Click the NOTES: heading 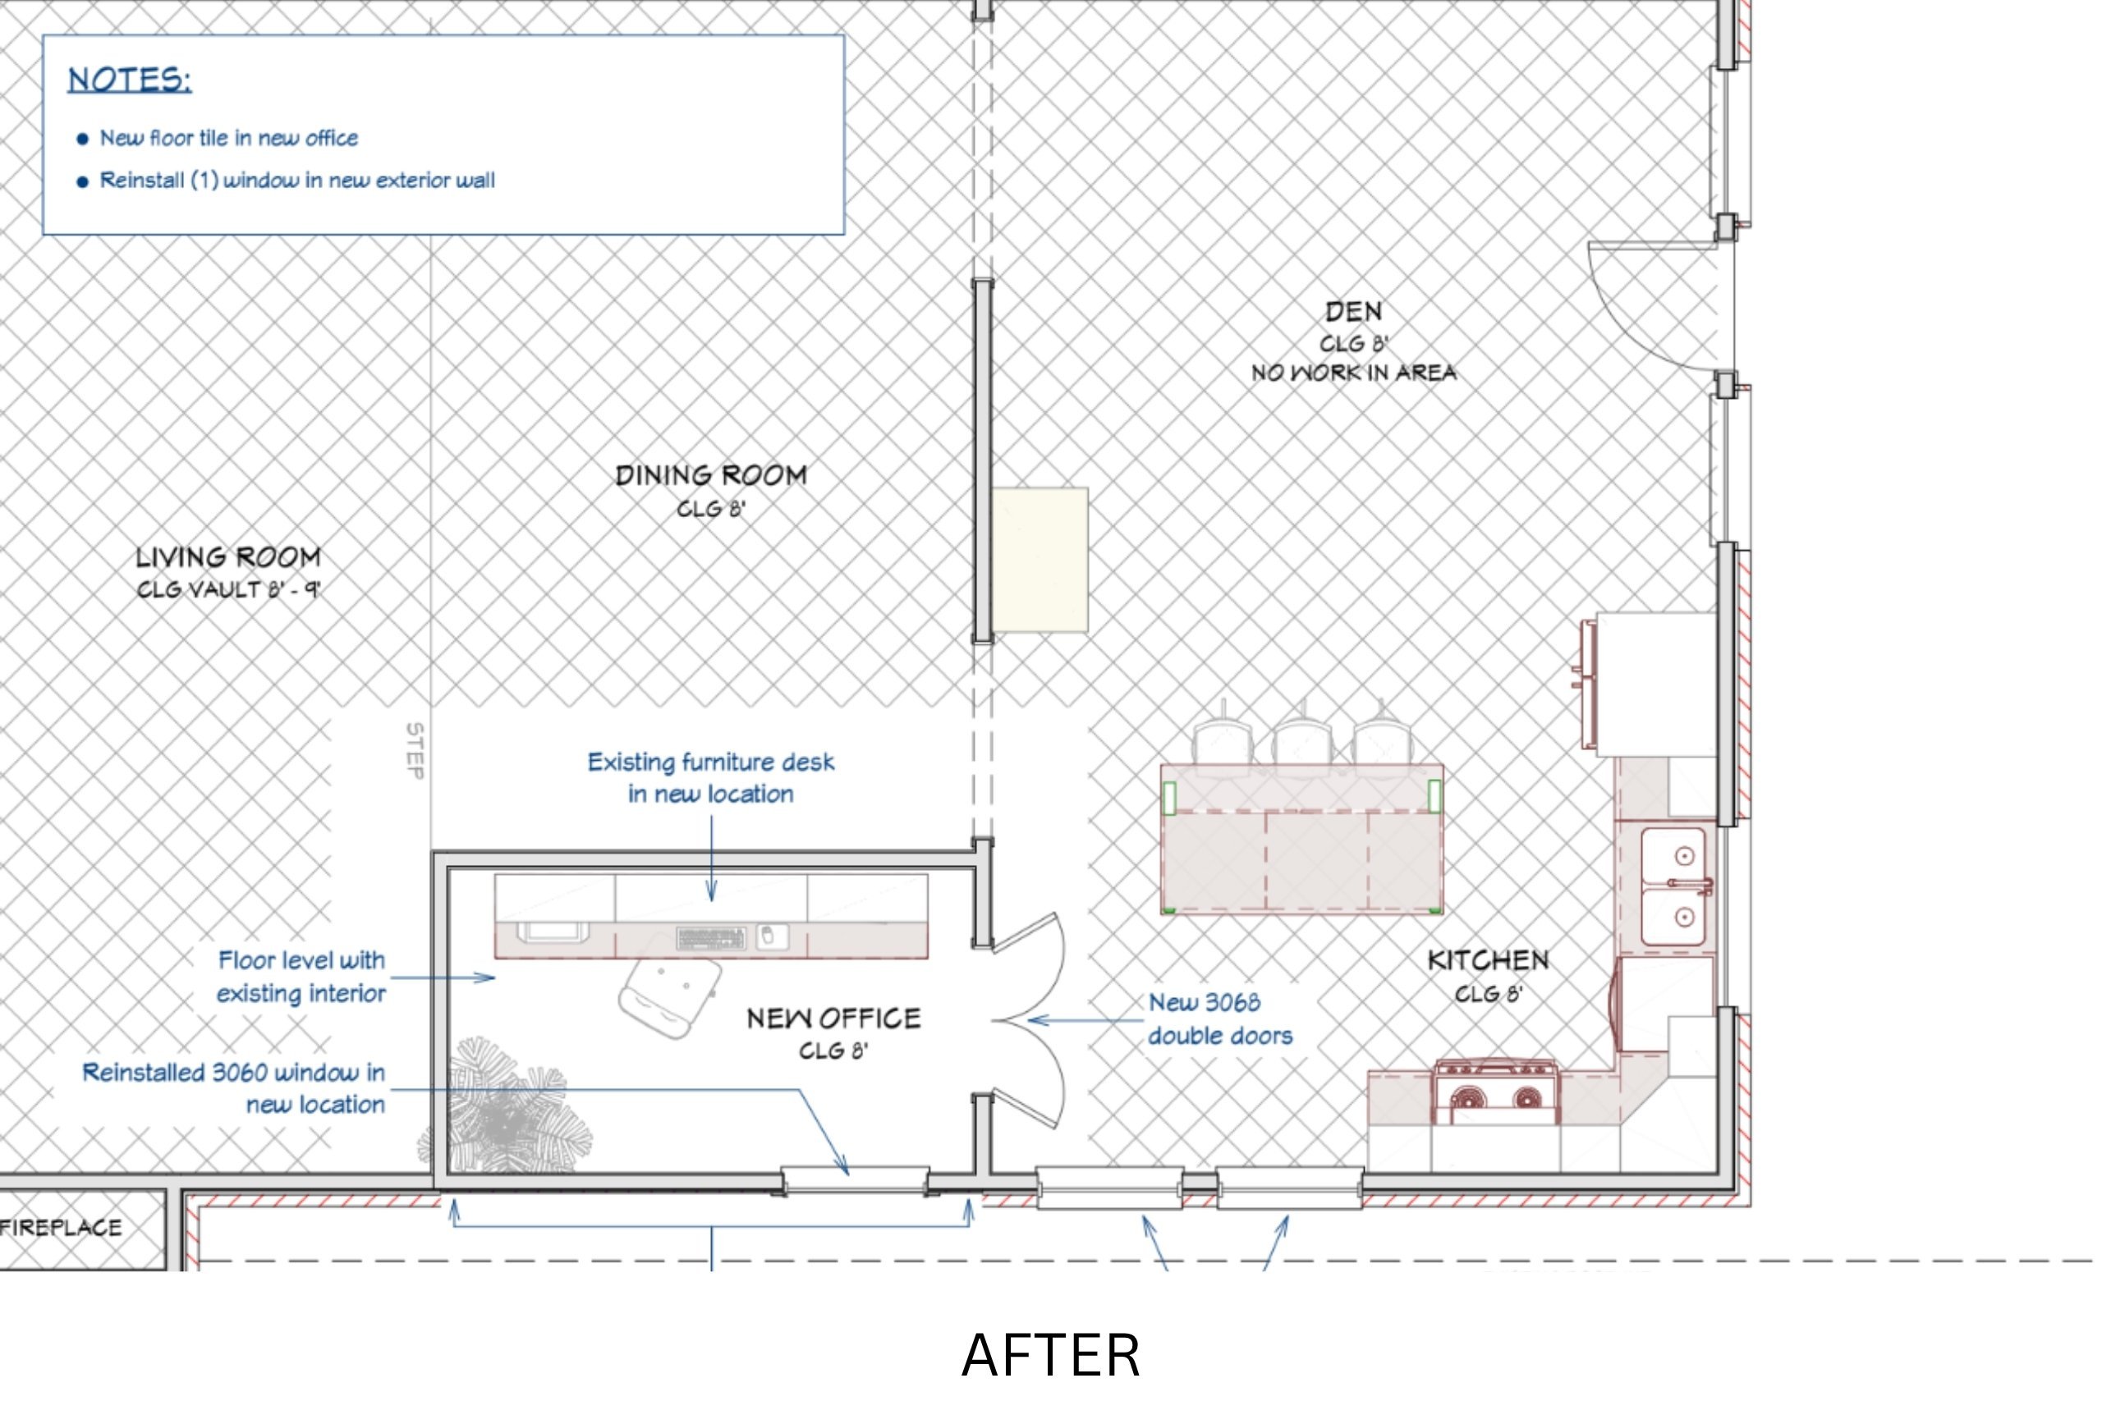click(x=130, y=80)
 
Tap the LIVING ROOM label click(x=228, y=557)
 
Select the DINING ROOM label click(x=711, y=475)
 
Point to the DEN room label click(x=1353, y=312)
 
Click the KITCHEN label click(x=1488, y=960)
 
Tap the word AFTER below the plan click(x=1051, y=1355)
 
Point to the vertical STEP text click(x=415, y=750)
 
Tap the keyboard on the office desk click(x=711, y=938)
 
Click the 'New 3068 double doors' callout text click(x=1221, y=1019)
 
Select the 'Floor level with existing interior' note click(x=301, y=977)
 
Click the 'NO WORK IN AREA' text click(x=1354, y=373)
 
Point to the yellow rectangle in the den click(x=1040, y=561)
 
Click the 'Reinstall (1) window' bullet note click(x=296, y=181)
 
